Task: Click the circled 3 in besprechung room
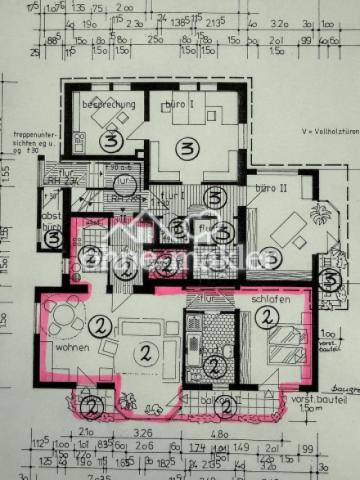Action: point(113,141)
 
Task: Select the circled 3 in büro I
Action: point(183,149)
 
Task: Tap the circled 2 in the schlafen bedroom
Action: point(265,318)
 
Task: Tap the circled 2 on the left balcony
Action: point(92,406)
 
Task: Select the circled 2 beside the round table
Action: point(101,324)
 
